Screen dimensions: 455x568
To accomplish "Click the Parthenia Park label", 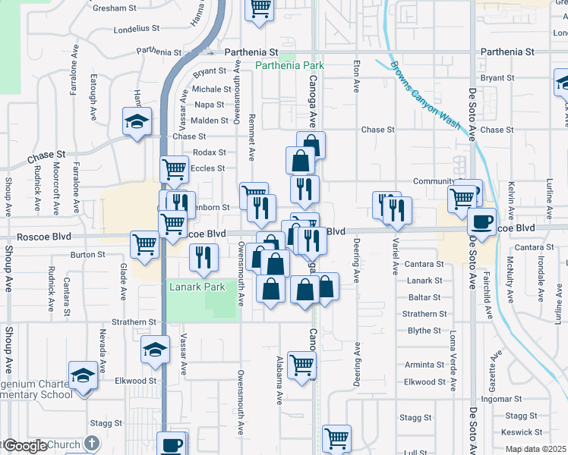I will pyautogui.click(x=289, y=66).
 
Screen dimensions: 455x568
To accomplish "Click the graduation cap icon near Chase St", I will pyautogui.click(x=137, y=121).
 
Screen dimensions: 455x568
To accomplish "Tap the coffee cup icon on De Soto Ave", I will pyautogui.click(x=481, y=221).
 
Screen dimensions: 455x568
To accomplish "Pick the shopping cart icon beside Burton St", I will pyautogui.click(x=144, y=245).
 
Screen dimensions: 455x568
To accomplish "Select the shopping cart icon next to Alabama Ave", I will pyautogui.click(x=302, y=366).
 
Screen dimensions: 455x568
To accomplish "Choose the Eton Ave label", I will pyautogui.click(x=356, y=77).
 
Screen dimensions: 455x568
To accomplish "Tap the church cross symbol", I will pyautogui.click(x=91, y=443).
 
